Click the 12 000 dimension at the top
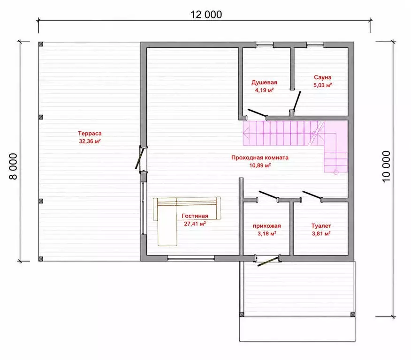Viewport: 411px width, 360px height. click(206, 15)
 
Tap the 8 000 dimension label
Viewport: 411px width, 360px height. click(13, 166)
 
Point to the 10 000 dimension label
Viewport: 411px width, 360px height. click(386, 166)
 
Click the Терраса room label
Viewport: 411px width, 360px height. click(90, 133)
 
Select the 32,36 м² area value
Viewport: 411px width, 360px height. click(90, 142)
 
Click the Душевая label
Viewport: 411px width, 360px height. click(264, 82)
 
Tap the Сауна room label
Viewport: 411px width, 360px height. click(322, 77)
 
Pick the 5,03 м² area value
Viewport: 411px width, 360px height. click(322, 85)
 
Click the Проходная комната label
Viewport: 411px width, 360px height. click(260, 157)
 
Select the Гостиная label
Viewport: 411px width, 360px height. click(195, 216)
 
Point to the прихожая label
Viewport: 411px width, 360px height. click(266, 226)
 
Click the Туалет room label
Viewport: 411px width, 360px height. click(321, 225)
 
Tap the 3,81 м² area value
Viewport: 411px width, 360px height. click(321, 233)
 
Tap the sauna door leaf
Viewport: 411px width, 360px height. click(297, 100)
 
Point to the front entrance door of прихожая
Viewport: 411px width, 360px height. click(268, 262)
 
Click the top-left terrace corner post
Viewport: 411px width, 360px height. click(41, 44)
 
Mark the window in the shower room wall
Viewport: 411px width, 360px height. click(265, 45)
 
